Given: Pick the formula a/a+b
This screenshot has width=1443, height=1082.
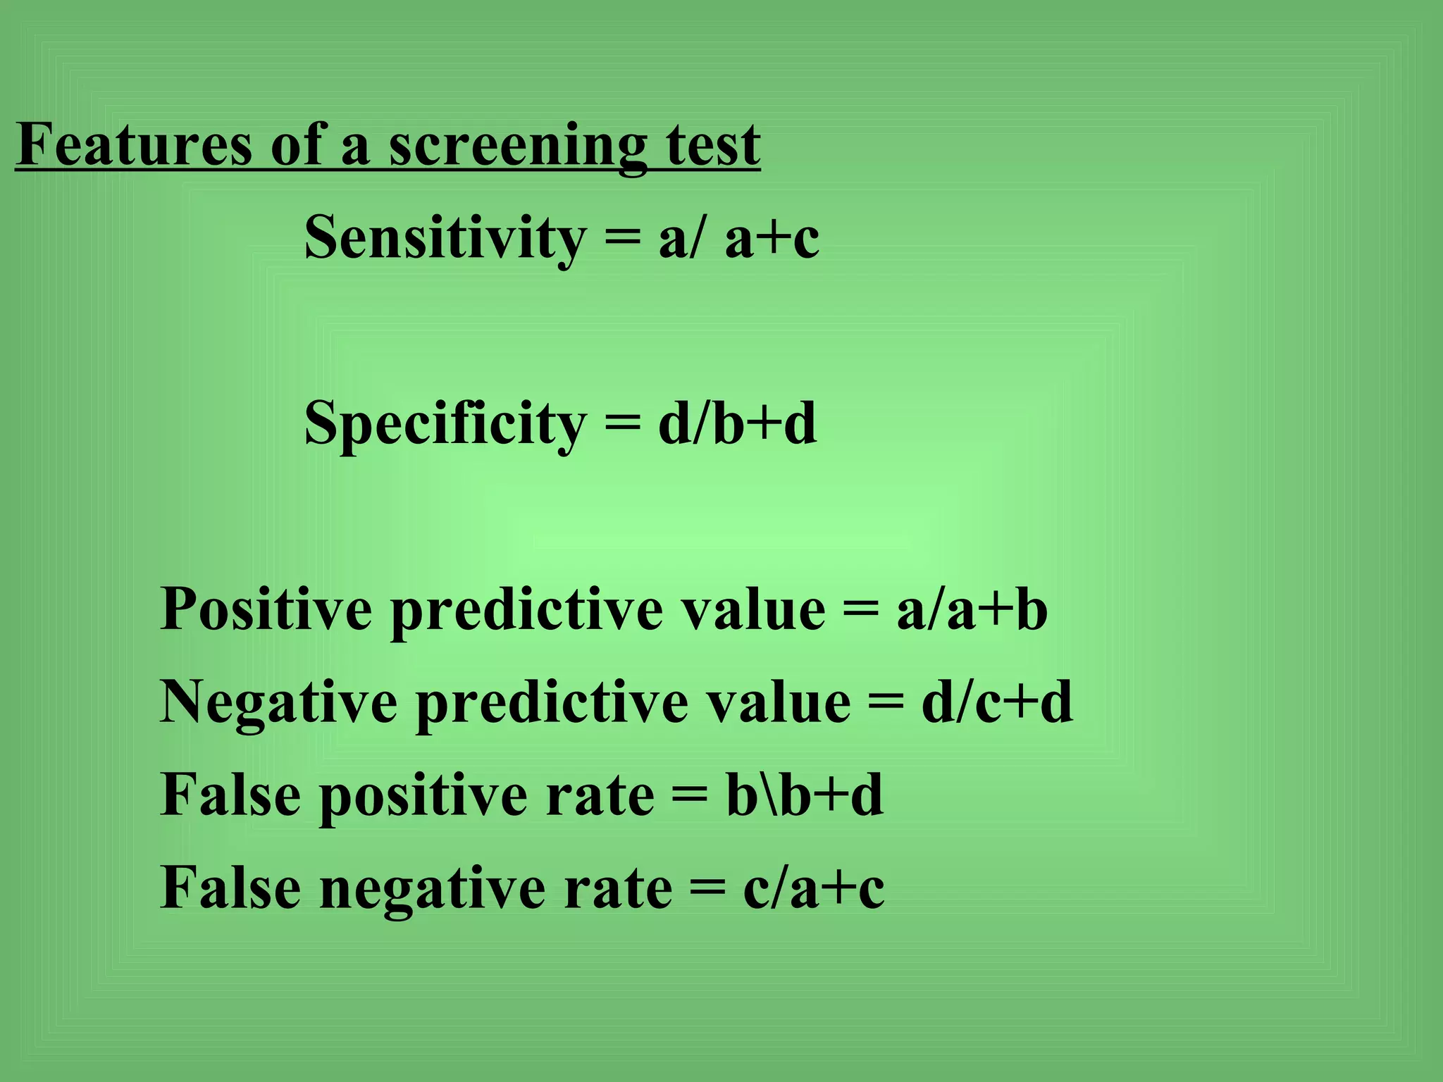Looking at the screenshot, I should coord(972,609).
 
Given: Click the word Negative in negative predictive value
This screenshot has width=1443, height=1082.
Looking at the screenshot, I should coord(279,702).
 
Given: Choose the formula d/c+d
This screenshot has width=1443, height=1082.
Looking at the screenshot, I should coord(997,702).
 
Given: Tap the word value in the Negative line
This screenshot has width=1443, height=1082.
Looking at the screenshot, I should coord(779,702).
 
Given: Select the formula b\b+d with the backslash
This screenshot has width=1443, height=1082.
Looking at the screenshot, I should coord(805,795).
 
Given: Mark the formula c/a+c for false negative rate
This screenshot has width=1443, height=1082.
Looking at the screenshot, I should coord(814,888).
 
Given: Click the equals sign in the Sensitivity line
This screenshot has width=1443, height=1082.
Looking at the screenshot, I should coord(623,238).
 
